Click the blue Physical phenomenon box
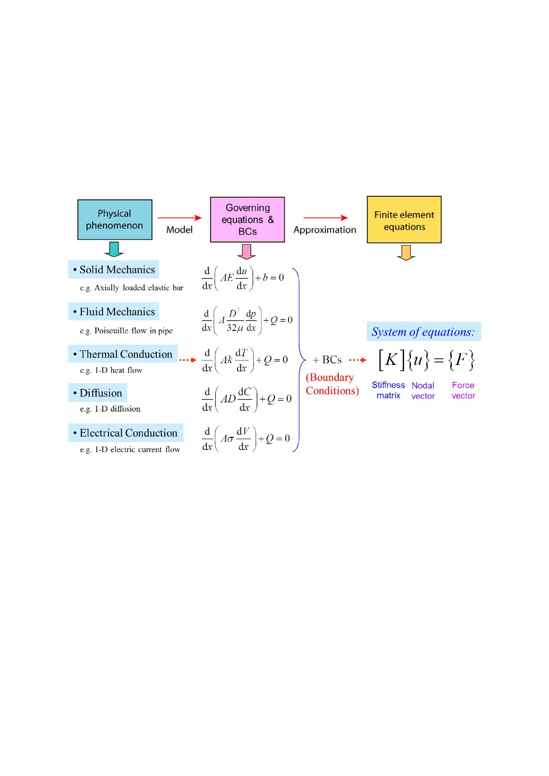click(x=115, y=219)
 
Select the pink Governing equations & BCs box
click(x=247, y=219)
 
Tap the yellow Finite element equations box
click(x=404, y=219)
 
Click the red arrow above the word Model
click(x=179, y=218)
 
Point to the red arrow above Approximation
click(x=325, y=218)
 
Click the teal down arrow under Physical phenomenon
click(x=114, y=249)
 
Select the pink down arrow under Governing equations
click(x=247, y=252)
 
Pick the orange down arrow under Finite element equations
click(x=406, y=253)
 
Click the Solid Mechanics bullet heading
click(x=114, y=270)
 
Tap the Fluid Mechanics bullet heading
click(x=114, y=312)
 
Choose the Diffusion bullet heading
click(x=98, y=393)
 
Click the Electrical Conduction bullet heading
click(x=126, y=433)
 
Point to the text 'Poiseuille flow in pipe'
click(x=133, y=330)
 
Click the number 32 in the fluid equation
click(x=231, y=328)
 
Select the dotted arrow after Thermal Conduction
click(x=188, y=360)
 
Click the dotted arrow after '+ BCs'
click(x=358, y=360)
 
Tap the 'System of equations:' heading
click(x=424, y=331)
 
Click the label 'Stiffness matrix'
click(x=388, y=390)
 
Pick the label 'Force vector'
click(x=463, y=390)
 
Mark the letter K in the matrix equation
click(x=390, y=359)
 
